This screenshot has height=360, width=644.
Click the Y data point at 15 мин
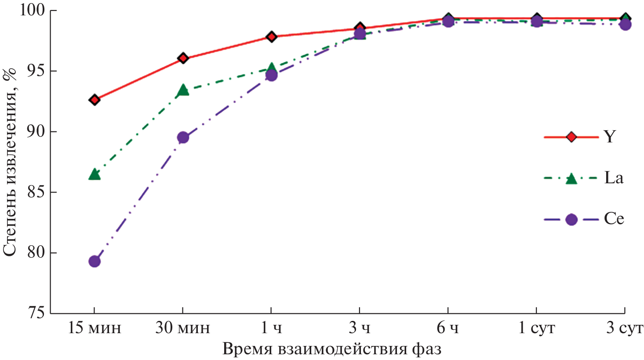tap(95, 100)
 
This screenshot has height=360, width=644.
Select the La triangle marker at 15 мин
tap(95, 175)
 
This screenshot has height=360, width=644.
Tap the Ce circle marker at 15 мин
tap(95, 262)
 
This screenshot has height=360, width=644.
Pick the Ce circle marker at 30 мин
tap(183, 138)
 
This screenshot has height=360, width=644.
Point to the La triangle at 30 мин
tap(183, 91)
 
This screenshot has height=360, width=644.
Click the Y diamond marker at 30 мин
tap(183, 58)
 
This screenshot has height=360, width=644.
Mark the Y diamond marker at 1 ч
tap(271, 36)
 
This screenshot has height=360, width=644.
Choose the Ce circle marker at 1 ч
tap(271, 76)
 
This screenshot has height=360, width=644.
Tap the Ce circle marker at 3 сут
tap(625, 24)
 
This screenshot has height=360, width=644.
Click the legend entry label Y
tap(610, 137)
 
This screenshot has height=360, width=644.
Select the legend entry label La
tap(614, 178)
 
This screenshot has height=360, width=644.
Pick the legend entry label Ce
tap(614, 219)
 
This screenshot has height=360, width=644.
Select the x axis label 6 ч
tap(448, 328)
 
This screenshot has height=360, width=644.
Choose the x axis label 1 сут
tap(536, 328)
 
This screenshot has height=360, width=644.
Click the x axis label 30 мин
tap(182, 328)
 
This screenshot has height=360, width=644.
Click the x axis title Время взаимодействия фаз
tap(332, 349)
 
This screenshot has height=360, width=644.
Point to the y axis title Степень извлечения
tap(10, 163)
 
